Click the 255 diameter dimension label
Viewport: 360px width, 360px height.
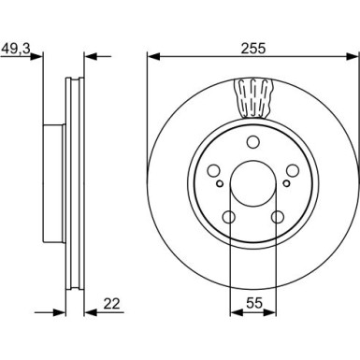pos(252,49)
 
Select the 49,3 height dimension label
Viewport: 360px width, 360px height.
pos(16,49)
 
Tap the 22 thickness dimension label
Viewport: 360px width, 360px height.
pos(111,304)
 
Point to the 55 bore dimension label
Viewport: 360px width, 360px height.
pos(254,303)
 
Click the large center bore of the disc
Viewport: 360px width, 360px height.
pos(253,183)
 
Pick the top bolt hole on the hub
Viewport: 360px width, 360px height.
pos(253,142)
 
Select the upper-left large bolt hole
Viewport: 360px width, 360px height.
pos(214,170)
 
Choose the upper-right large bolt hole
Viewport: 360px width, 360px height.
pos(293,170)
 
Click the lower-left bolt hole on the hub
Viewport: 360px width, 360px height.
pos(229,217)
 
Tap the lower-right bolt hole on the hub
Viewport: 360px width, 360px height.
pos(278,217)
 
